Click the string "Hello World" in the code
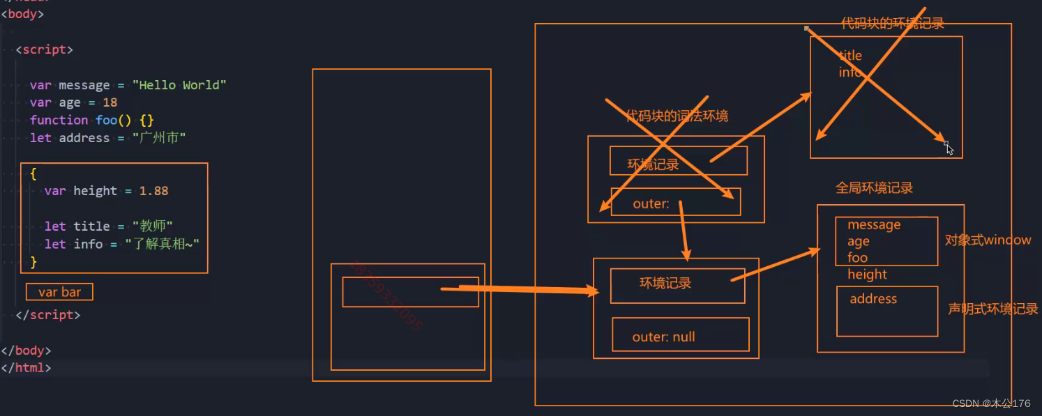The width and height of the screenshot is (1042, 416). point(183,85)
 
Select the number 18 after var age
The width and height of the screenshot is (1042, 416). point(110,102)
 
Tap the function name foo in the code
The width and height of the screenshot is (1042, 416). point(107,120)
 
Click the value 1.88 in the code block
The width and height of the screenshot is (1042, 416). point(153,190)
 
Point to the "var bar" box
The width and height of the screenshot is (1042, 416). point(59,292)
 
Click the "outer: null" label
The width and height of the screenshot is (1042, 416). point(663,337)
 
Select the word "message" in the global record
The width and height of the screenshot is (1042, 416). point(874,225)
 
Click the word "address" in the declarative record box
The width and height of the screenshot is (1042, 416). point(873,299)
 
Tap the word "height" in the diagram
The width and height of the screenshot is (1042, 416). point(867,275)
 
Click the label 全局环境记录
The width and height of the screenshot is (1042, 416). point(874,188)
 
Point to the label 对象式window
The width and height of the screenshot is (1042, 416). point(988,240)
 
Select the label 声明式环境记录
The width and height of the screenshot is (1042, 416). point(992,309)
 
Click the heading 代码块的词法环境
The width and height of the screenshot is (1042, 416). point(677,116)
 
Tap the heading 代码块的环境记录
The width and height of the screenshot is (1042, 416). point(892,24)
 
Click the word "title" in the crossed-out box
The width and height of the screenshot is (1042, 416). point(850,56)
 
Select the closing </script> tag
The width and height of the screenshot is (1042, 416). point(48,315)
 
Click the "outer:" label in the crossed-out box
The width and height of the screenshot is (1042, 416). point(651,204)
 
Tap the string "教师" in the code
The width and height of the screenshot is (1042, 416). point(149,226)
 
